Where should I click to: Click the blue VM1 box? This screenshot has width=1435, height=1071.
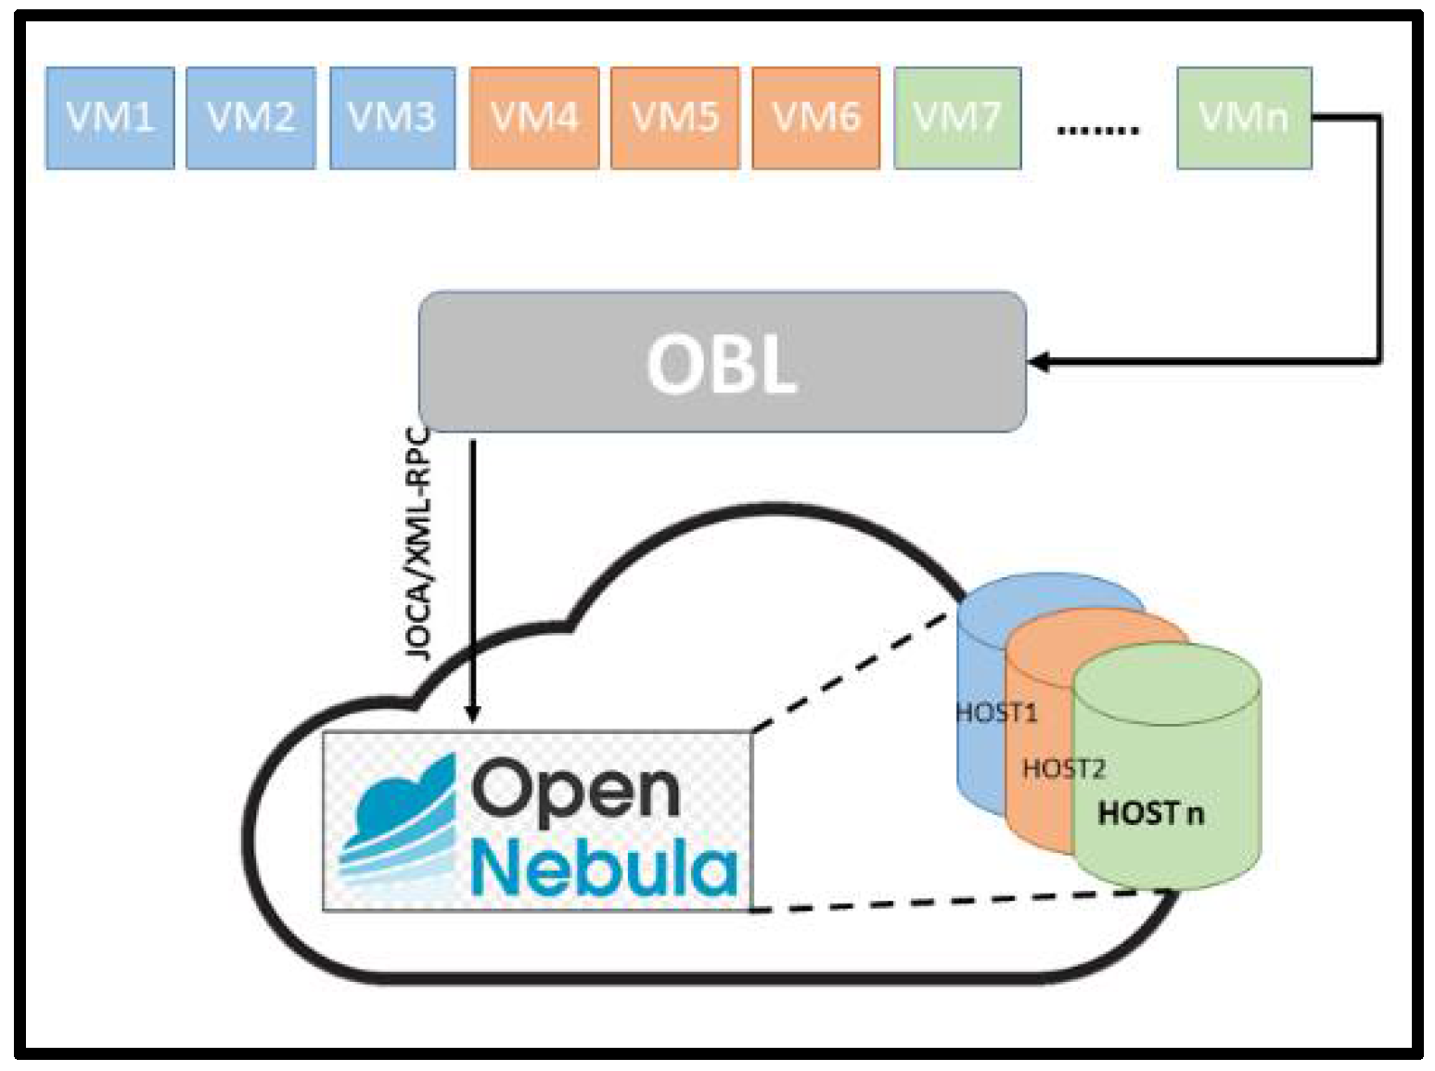109,118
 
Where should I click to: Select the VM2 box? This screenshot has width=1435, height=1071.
250,118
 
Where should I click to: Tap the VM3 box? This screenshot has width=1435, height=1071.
392,118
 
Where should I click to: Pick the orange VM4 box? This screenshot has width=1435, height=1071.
534,118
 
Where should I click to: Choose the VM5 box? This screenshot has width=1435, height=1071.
675,118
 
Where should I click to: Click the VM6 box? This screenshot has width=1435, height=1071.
816,118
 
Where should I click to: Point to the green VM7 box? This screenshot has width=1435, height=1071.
957,118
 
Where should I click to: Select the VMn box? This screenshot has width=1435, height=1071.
1244,118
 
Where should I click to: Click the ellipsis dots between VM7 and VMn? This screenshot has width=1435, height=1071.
1098,130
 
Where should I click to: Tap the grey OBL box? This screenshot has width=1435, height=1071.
722,362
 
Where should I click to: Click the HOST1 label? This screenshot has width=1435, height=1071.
995,713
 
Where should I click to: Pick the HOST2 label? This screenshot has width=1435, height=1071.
1063,768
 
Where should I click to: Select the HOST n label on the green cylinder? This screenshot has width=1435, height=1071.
1150,814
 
